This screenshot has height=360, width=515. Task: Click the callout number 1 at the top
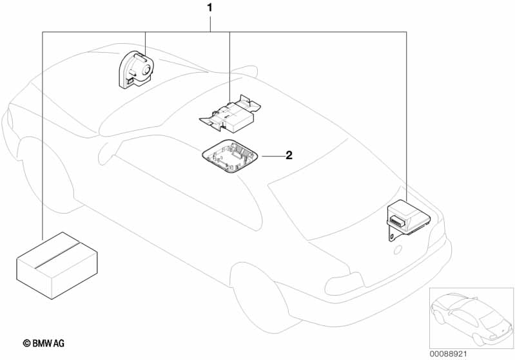(209, 8)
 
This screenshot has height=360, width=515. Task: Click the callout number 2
(289, 155)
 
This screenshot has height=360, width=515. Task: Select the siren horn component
(136, 70)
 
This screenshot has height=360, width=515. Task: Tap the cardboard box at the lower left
(57, 265)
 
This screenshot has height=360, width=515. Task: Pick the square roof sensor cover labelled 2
(229, 156)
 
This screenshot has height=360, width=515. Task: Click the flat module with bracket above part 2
(229, 113)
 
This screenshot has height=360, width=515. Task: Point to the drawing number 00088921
(448, 354)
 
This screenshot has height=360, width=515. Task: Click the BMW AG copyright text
(44, 343)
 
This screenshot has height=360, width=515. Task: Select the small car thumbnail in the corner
(471, 318)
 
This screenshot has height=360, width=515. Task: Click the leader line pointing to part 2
(272, 156)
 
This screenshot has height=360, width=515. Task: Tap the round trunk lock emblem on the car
(398, 250)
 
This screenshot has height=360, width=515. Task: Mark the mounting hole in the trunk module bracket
(392, 236)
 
